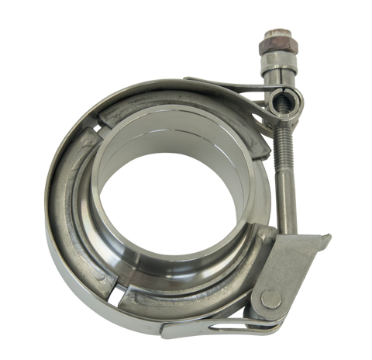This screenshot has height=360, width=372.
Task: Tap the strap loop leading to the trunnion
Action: click(x=232, y=92)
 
